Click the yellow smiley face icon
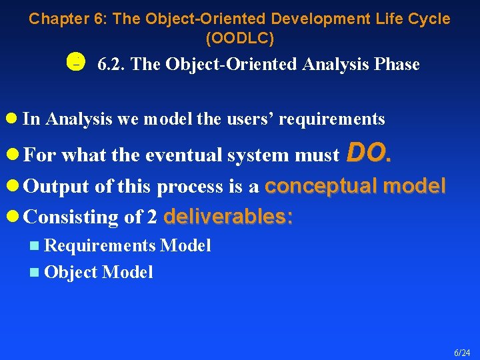(75, 63)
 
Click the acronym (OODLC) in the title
(240, 39)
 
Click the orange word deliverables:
(227, 217)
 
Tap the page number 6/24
(462, 352)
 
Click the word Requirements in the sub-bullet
(100, 246)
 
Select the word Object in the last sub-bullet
(71, 272)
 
